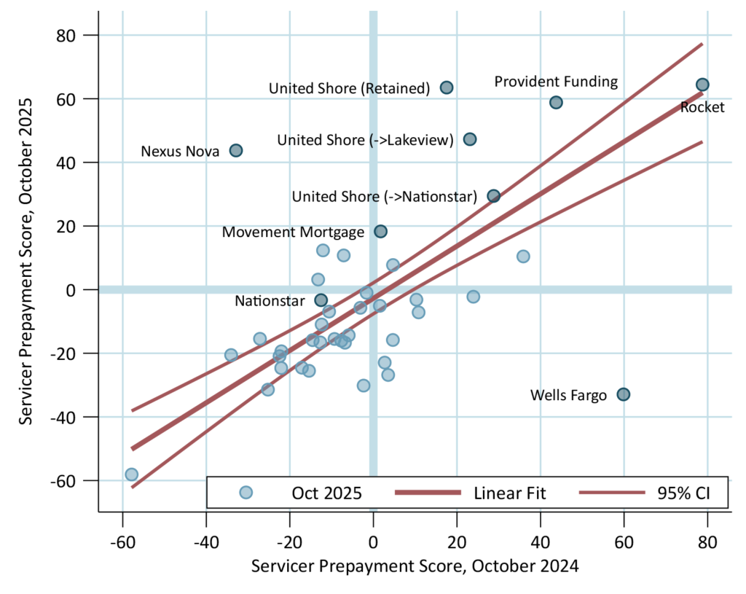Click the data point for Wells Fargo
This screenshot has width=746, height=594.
[x=623, y=394]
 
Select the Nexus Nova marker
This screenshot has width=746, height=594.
[x=236, y=150]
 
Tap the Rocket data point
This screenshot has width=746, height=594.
[x=702, y=85]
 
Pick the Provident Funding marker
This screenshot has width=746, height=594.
[x=556, y=102]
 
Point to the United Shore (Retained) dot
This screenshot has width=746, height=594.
[x=447, y=87]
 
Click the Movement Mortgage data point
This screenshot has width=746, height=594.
[x=380, y=232]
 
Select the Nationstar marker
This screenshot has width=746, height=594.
[x=321, y=300]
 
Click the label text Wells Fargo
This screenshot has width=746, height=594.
[x=568, y=396]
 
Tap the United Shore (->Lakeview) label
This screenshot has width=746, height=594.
[x=366, y=140]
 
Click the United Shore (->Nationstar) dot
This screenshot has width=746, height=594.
[x=493, y=195]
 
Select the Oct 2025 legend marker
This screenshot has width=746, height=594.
[x=246, y=493]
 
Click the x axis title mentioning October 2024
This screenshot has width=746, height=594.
[x=415, y=566]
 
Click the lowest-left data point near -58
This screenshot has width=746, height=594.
[x=131, y=474]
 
